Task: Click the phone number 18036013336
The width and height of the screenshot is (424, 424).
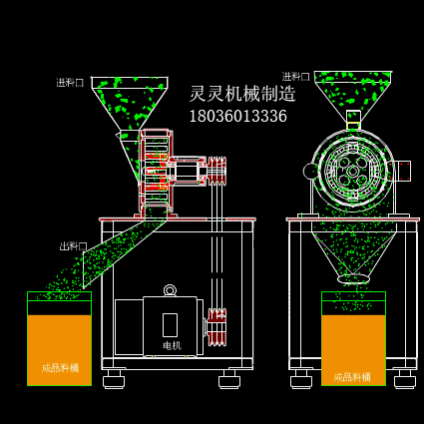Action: point(237,116)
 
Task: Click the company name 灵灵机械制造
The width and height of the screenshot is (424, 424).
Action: point(242,94)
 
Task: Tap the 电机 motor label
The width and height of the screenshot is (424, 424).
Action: point(172,345)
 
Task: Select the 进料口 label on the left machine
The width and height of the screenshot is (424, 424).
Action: point(70,83)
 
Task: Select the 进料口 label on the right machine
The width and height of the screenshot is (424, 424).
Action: point(295,77)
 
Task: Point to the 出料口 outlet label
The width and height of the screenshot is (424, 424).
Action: point(73,246)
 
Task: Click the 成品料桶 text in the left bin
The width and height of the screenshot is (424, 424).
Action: point(60,368)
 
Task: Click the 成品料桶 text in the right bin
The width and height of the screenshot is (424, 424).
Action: point(352,377)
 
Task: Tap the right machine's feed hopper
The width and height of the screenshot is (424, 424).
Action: point(352,92)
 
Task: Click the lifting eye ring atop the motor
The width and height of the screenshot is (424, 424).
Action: point(170,290)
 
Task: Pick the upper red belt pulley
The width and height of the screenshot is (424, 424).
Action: point(216,171)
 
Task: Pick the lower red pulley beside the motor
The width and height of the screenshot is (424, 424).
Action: point(216,326)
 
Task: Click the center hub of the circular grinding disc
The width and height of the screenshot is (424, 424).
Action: point(352,171)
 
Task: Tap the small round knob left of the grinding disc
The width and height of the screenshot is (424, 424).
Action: point(311,171)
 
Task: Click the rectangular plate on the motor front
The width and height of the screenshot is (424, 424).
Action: point(170,324)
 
